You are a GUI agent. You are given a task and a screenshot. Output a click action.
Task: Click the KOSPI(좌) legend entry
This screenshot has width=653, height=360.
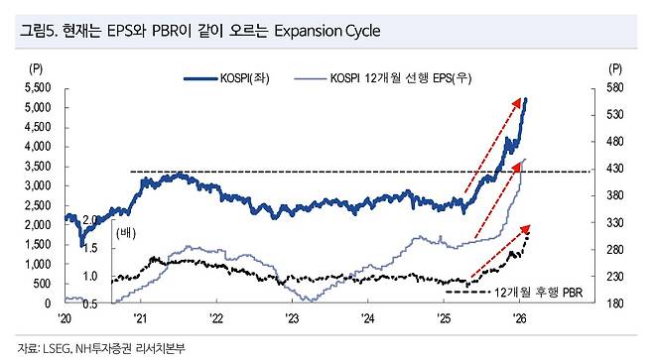click(x=227, y=78)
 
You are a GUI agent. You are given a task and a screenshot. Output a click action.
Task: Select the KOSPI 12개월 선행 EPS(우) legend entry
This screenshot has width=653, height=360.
click(x=383, y=78)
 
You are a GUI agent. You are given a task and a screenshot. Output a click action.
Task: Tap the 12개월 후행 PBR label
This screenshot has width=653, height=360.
click(x=539, y=293)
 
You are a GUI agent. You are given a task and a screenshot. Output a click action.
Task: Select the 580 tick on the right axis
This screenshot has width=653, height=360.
click(x=614, y=88)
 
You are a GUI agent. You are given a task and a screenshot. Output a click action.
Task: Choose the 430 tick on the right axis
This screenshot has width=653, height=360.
click(x=614, y=169)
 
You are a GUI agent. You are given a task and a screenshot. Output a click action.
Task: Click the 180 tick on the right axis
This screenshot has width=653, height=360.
click(x=614, y=303)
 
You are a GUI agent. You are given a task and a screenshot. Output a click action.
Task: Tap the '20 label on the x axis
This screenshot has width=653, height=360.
click(x=65, y=318)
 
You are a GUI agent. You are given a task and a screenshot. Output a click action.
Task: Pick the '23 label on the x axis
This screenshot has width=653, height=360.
click(x=292, y=318)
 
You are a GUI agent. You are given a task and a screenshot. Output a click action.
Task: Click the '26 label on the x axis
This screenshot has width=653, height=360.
click(x=519, y=318)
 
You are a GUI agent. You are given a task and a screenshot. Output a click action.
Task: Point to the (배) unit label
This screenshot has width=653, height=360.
click(x=126, y=233)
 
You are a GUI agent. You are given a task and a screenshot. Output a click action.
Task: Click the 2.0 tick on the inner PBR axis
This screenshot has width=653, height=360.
click(x=89, y=220)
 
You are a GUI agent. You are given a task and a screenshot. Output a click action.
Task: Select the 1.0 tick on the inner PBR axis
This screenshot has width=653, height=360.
click(x=89, y=277)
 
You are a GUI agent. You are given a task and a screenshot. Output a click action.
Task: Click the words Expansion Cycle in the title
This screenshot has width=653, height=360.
click(x=327, y=31)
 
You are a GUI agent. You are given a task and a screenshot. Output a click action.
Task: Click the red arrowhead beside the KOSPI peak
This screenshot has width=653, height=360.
click(x=517, y=102)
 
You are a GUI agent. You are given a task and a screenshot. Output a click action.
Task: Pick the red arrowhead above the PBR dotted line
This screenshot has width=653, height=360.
click(x=526, y=229)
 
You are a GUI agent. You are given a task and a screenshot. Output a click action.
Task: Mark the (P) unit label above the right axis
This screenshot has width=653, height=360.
click(x=615, y=68)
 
